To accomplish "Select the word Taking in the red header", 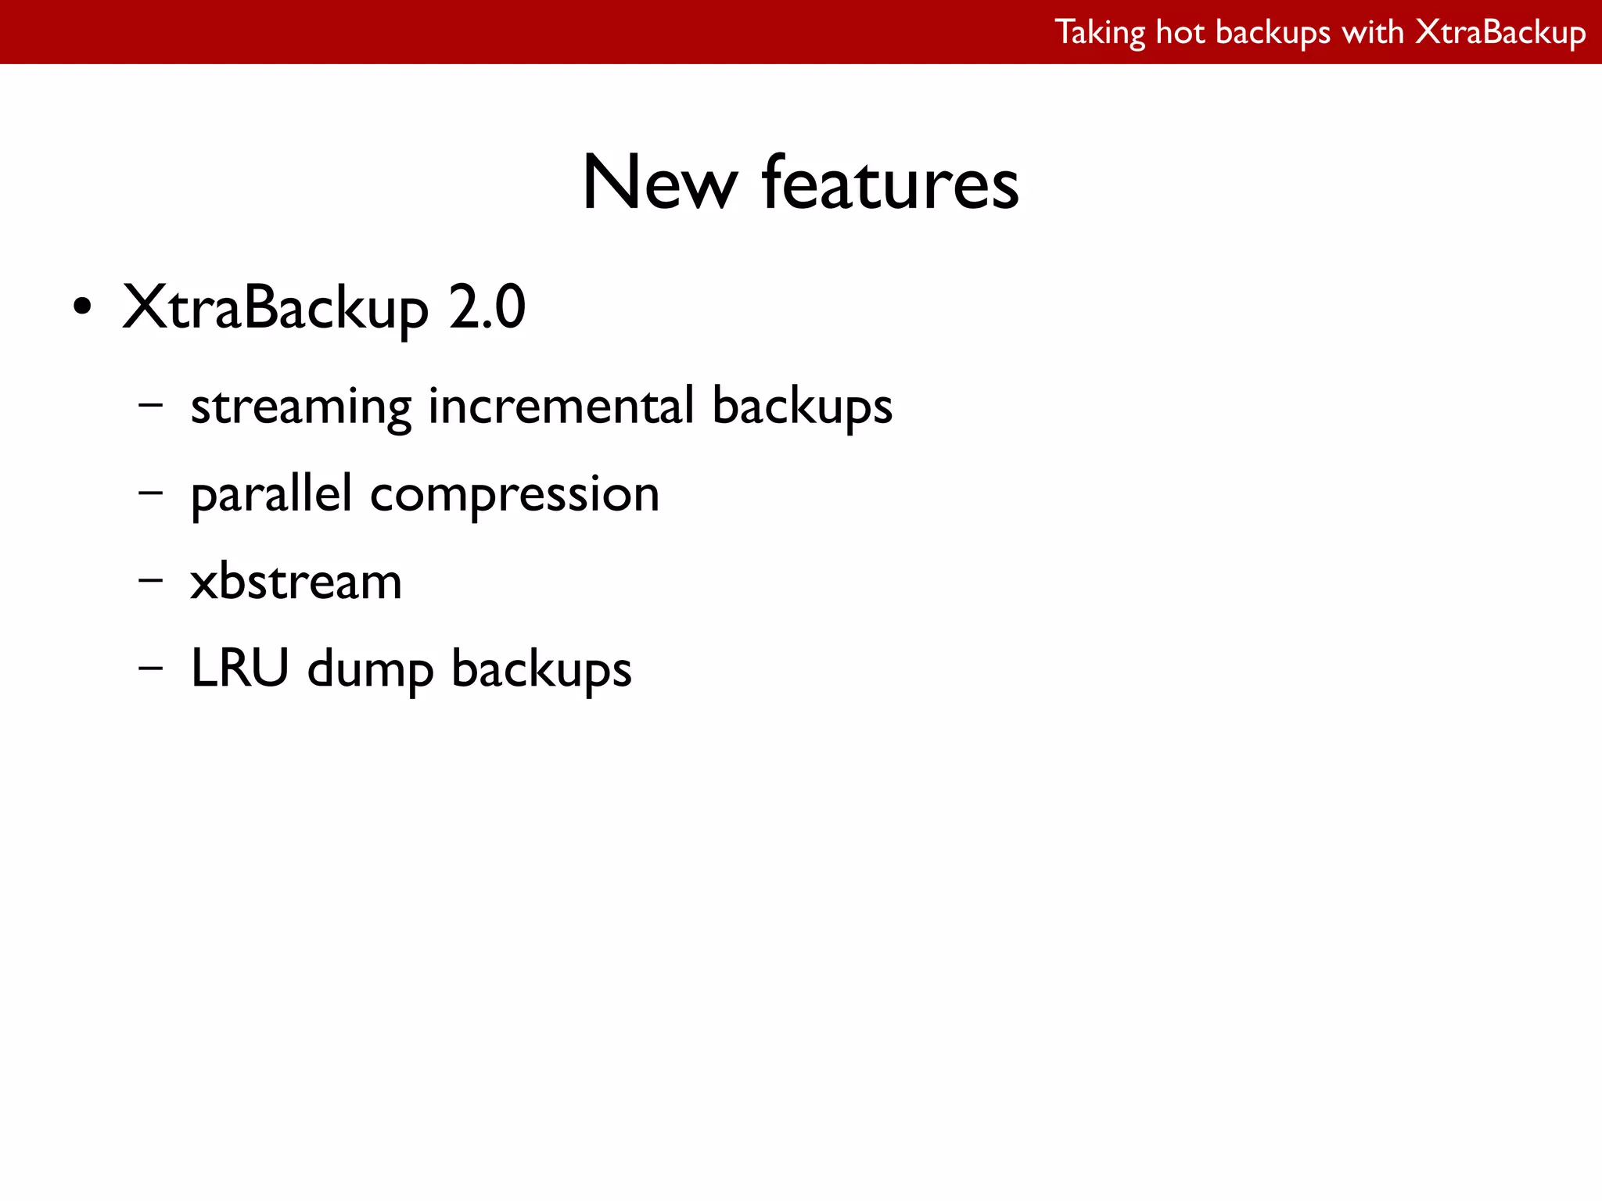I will click(x=1099, y=33).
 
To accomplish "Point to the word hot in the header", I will click(x=1180, y=33).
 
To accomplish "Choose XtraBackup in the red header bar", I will click(x=1501, y=33).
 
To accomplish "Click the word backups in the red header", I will click(x=1273, y=33).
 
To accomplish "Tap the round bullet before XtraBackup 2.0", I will click(x=82, y=307).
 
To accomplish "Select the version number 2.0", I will click(x=487, y=307).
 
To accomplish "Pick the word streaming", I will click(x=300, y=407).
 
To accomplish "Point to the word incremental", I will click(x=561, y=406).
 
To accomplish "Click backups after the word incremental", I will click(x=802, y=407).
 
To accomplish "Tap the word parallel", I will click(x=271, y=495).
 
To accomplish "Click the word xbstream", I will click(x=296, y=582).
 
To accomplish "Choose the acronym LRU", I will click(x=239, y=669).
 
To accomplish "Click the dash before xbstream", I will click(x=150, y=581).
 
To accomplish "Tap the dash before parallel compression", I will click(x=150, y=493).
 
